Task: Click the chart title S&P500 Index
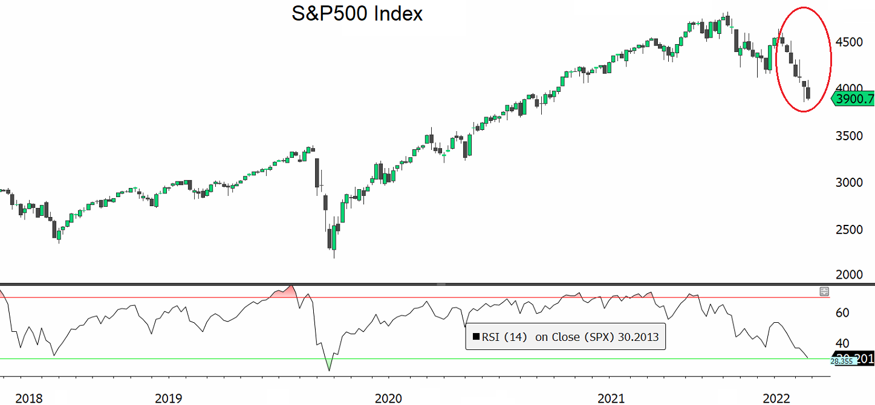[357, 14]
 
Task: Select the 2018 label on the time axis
[29, 398]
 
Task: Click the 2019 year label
[169, 398]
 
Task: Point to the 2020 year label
[388, 398]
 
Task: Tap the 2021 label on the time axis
[611, 398]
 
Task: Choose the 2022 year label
[776, 398]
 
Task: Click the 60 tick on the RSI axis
[842, 313]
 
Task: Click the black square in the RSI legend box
[475, 337]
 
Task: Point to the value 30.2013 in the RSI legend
[638, 337]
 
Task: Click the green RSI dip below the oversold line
[329, 364]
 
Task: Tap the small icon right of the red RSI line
[824, 291]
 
